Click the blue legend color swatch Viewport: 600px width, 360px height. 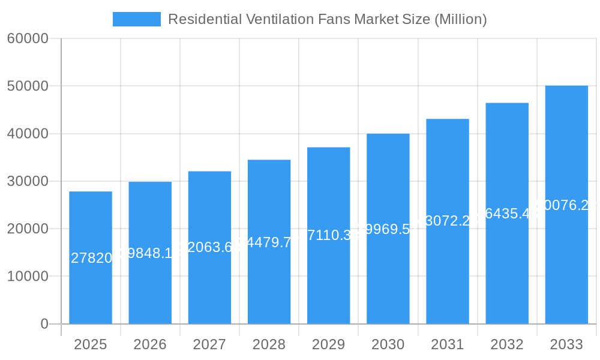coord(137,19)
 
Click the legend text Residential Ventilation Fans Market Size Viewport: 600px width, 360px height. coord(327,19)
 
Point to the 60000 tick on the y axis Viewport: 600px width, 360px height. coord(27,38)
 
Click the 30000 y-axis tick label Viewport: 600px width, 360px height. coord(27,181)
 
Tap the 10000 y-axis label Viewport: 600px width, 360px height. coord(27,277)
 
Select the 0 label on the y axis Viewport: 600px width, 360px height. coord(44,324)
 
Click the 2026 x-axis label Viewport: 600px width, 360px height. coord(150,344)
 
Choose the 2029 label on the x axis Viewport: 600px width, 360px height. coord(329,344)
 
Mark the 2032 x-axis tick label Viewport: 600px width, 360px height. coord(507,344)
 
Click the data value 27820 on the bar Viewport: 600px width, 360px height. coord(91,258)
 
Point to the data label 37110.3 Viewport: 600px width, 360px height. coord(329,235)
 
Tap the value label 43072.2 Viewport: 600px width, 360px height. coord(448,221)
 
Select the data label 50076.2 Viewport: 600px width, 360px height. coord(566,205)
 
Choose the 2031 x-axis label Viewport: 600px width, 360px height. coord(448,344)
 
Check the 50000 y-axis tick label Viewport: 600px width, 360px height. coord(27,86)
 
